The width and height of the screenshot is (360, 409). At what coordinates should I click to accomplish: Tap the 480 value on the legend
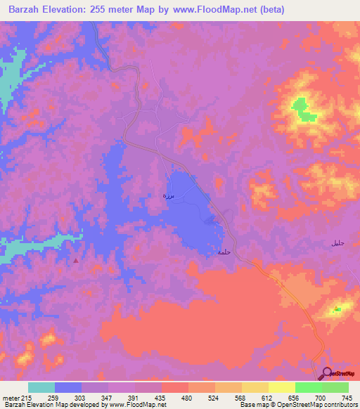pos(187,397)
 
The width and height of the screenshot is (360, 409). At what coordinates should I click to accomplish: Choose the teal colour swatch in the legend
pos(41,387)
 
